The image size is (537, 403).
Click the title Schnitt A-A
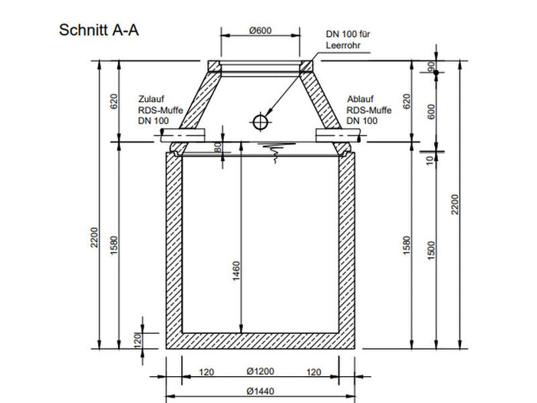tap(98, 31)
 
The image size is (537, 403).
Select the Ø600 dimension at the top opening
tap(260, 31)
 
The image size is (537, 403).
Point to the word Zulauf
tap(151, 100)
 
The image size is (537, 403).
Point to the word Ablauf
tap(360, 100)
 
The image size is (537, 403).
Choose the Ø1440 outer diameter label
tap(259, 391)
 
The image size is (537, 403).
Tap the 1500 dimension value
tap(430, 247)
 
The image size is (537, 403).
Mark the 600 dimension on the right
tap(430, 111)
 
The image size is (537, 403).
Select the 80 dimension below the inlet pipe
tap(218, 147)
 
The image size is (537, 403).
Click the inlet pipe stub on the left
tap(184, 135)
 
